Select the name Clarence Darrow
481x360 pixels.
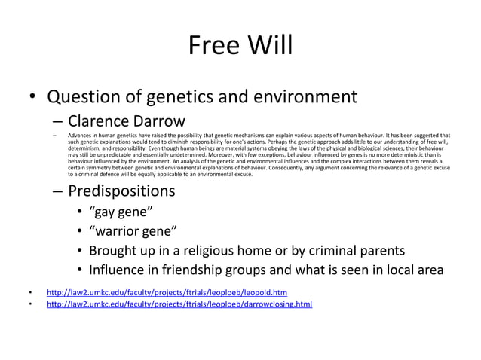tap(126, 121)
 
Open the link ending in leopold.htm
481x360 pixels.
tap(167, 291)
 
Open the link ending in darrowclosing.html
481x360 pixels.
tap(179, 304)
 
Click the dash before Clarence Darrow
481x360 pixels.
tap(57, 121)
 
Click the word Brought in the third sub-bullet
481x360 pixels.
tap(116, 250)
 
